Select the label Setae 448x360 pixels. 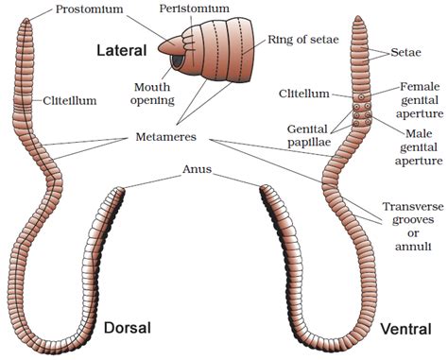click(x=412, y=55)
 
